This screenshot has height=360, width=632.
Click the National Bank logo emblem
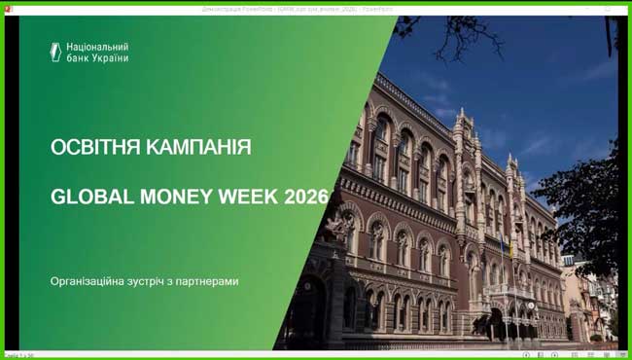click(x=56, y=52)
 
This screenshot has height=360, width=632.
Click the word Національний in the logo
click(x=98, y=46)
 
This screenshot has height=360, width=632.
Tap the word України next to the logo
click(x=108, y=57)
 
